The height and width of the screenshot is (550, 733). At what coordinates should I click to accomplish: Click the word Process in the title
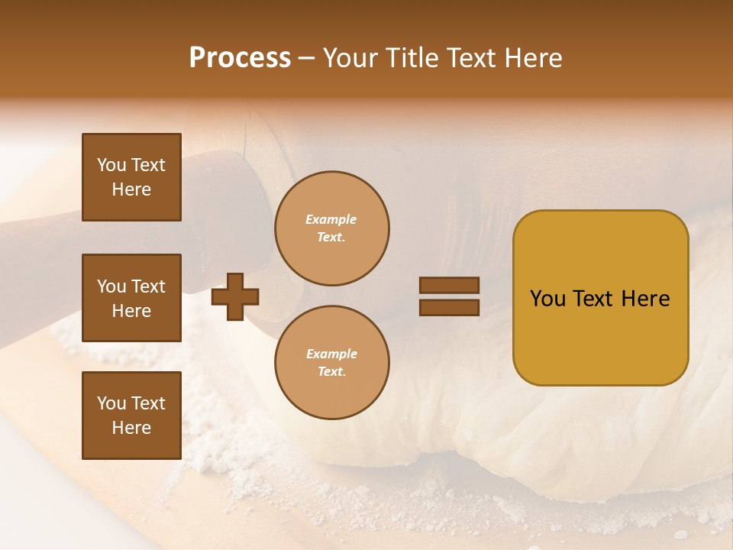click(240, 58)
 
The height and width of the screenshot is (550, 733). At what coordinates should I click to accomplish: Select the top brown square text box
click(131, 177)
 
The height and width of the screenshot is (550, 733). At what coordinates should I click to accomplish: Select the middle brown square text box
click(131, 298)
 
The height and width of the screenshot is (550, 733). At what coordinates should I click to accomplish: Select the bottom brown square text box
click(131, 415)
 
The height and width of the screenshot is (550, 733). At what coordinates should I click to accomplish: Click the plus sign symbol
click(235, 296)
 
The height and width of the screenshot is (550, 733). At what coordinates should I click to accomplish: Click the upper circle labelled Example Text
click(331, 228)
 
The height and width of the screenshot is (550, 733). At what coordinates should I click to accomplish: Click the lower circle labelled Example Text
click(331, 363)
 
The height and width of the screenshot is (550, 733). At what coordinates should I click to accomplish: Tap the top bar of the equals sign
click(449, 285)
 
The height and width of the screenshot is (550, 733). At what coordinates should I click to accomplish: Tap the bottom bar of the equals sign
click(449, 307)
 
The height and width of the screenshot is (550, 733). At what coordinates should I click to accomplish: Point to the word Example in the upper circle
click(331, 220)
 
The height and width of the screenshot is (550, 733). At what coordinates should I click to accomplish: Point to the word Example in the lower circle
click(331, 354)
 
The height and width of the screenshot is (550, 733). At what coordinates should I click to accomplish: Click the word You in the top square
click(111, 165)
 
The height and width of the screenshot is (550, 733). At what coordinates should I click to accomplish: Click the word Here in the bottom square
click(131, 428)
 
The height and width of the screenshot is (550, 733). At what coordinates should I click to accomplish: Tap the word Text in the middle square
click(148, 286)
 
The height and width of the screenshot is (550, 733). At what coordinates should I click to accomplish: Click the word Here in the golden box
click(645, 299)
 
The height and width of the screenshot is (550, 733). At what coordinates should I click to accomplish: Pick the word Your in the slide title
click(351, 58)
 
